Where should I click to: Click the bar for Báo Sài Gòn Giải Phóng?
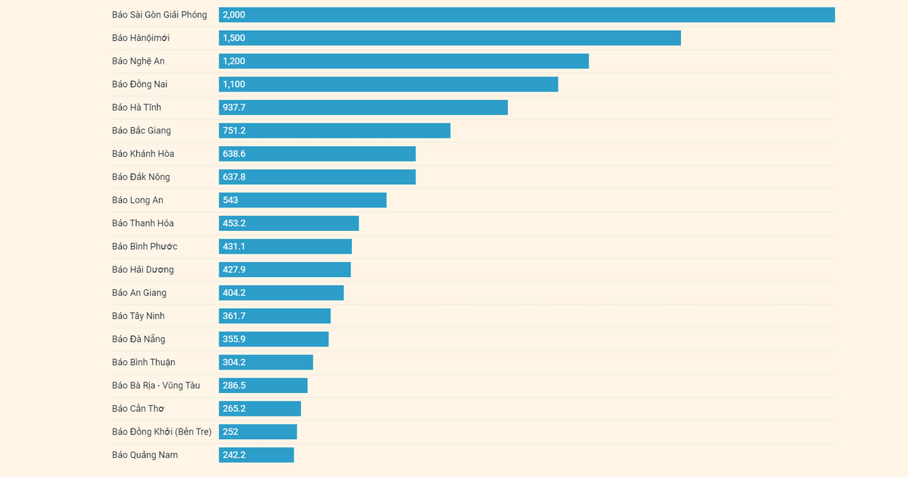click(527, 15)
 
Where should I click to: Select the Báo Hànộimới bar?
click(450, 38)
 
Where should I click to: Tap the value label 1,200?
click(234, 61)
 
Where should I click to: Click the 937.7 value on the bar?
click(234, 108)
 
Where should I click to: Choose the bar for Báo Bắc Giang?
click(334, 131)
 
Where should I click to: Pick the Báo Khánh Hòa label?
click(143, 154)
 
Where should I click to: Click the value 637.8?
click(234, 177)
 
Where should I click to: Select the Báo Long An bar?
click(303, 200)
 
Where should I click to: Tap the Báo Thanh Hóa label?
click(143, 223)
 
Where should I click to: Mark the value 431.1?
click(234, 247)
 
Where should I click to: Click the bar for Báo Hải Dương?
click(285, 270)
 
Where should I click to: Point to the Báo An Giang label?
click(139, 293)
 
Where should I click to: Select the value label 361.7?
click(234, 316)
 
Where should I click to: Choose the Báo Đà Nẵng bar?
click(274, 339)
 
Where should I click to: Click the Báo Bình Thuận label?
click(144, 363)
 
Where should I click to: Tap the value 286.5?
click(234, 385)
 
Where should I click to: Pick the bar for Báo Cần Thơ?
click(260, 409)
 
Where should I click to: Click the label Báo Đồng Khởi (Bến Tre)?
click(162, 432)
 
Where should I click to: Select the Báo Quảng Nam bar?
click(257, 455)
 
